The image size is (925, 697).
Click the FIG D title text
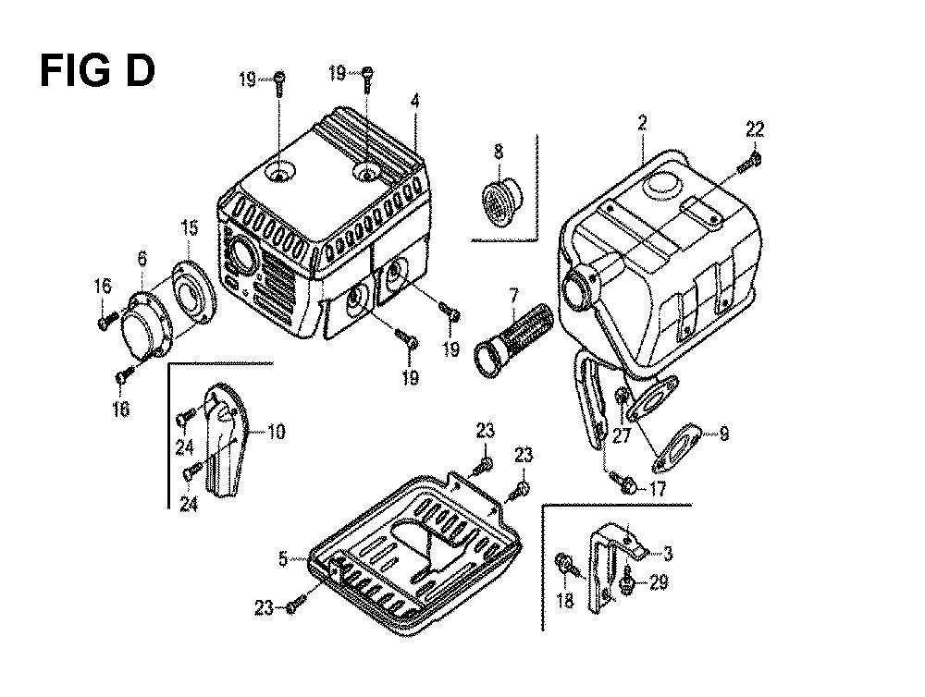click(x=97, y=70)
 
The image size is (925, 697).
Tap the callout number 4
click(x=415, y=102)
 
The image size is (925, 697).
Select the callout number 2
click(x=643, y=123)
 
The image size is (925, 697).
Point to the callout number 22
click(x=755, y=128)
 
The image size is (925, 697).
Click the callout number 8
click(x=499, y=153)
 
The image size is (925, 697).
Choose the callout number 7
click(x=513, y=293)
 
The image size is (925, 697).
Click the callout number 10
click(x=276, y=432)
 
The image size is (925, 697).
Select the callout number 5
click(x=284, y=559)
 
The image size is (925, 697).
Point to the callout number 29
click(x=659, y=582)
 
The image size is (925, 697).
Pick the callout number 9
click(x=724, y=434)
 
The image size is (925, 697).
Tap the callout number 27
click(x=622, y=435)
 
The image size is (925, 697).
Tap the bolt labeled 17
click(x=623, y=482)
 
